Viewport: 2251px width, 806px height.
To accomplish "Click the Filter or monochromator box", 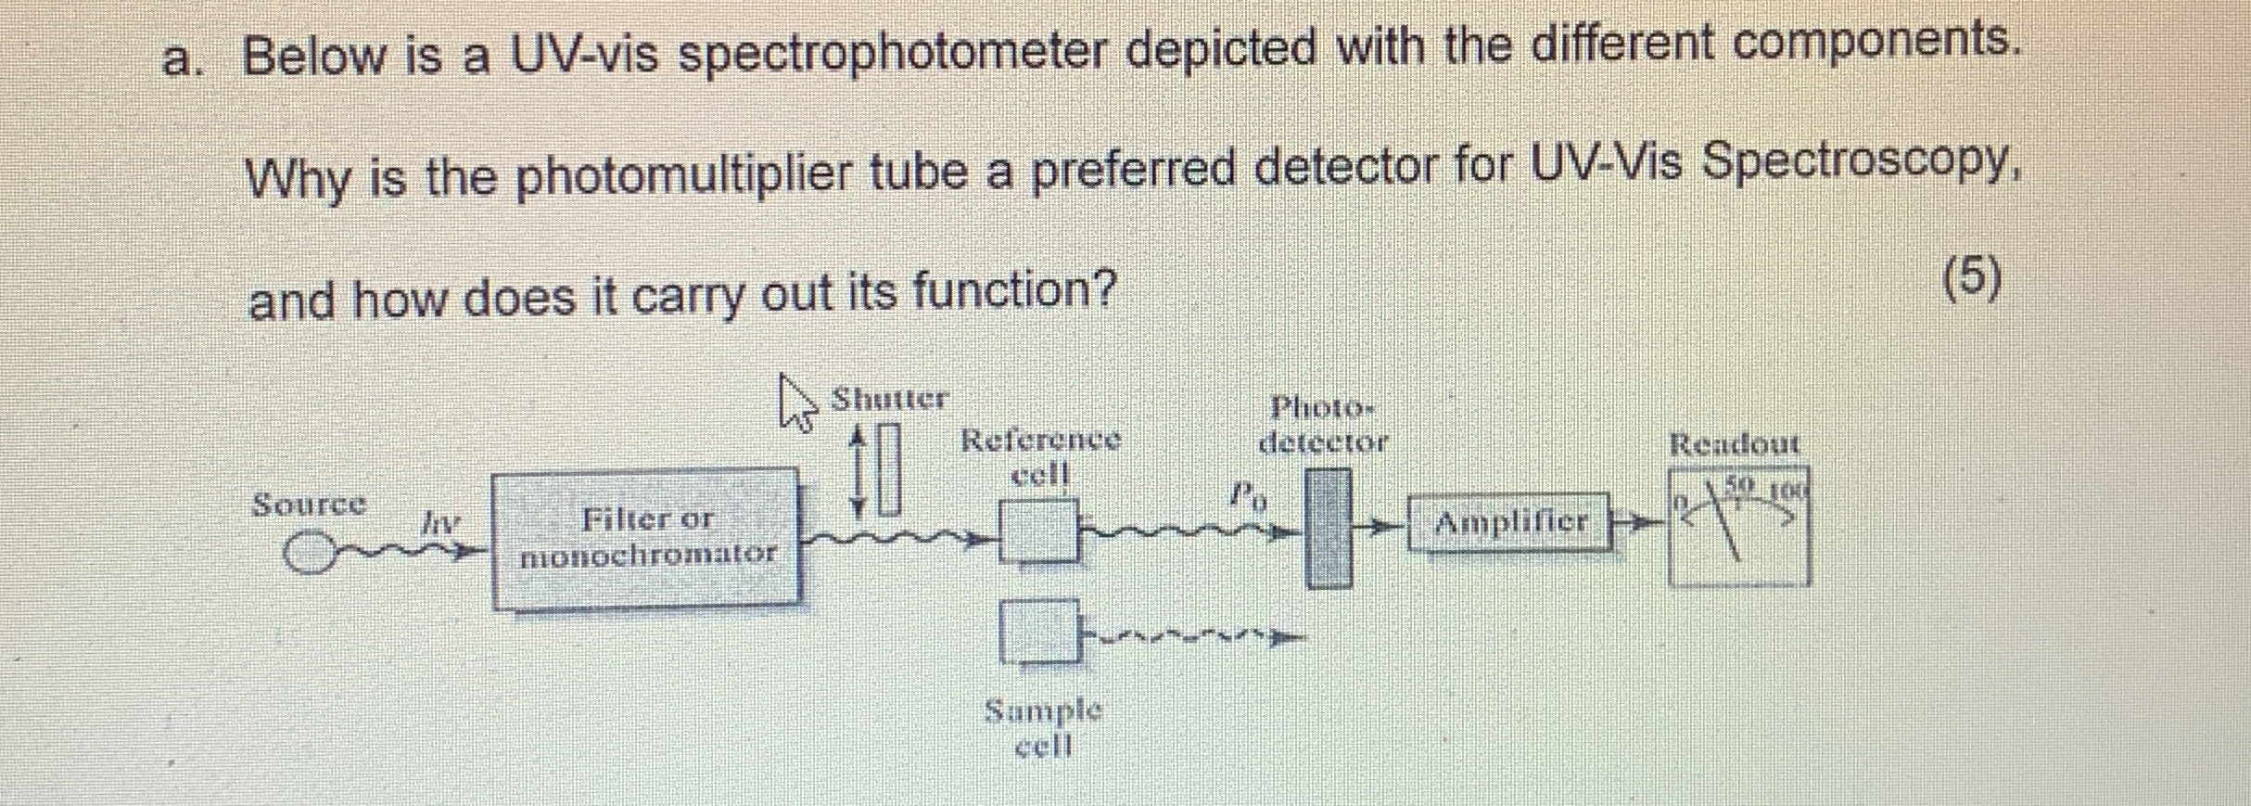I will tap(646, 538).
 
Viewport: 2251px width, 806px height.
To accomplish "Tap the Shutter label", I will tap(888, 399).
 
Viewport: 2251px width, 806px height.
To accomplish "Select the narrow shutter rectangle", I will tap(889, 469).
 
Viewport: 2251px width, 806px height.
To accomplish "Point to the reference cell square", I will tap(1038, 531).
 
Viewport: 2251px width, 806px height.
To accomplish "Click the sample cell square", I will tap(1039, 631).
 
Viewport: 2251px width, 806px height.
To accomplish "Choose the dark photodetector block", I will tap(1328, 529).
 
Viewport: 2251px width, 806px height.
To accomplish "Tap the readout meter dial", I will tap(1737, 527).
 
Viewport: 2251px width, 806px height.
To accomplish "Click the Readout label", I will tap(1734, 444).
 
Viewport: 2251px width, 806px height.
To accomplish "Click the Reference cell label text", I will tap(1040, 455).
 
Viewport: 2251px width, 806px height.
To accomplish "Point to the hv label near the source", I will tap(439, 524).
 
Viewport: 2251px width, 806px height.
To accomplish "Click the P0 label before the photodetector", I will tap(1247, 496).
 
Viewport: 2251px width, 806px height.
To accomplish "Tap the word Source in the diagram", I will tap(310, 505).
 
